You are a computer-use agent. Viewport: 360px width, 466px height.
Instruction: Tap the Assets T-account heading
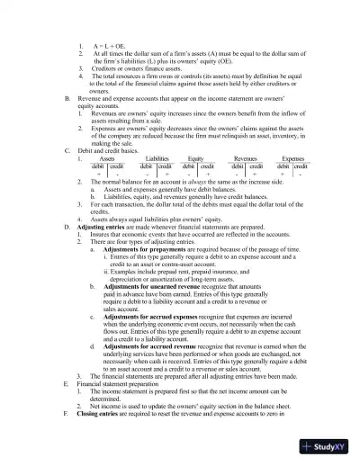(106, 157)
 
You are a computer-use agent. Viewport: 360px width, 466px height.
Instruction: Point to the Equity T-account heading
(195, 157)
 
